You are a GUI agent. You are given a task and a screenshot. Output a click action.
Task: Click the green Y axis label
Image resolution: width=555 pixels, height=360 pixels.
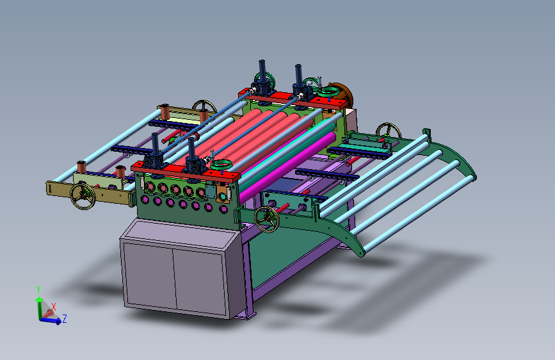(x=38, y=290)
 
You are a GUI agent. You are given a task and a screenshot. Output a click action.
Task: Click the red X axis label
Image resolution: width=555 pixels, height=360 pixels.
(x=53, y=306)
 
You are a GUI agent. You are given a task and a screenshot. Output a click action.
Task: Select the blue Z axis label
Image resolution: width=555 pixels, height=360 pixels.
(x=65, y=318)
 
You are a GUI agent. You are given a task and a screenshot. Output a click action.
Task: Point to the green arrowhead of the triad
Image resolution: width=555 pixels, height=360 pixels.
(x=39, y=300)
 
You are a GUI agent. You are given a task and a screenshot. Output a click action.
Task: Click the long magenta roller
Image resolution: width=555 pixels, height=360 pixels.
(x=287, y=167)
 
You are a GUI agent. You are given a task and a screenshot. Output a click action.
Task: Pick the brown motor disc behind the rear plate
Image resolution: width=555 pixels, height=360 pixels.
(x=342, y=95)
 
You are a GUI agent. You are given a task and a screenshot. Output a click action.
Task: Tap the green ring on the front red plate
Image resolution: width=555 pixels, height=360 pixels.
(x=221, y=165)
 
